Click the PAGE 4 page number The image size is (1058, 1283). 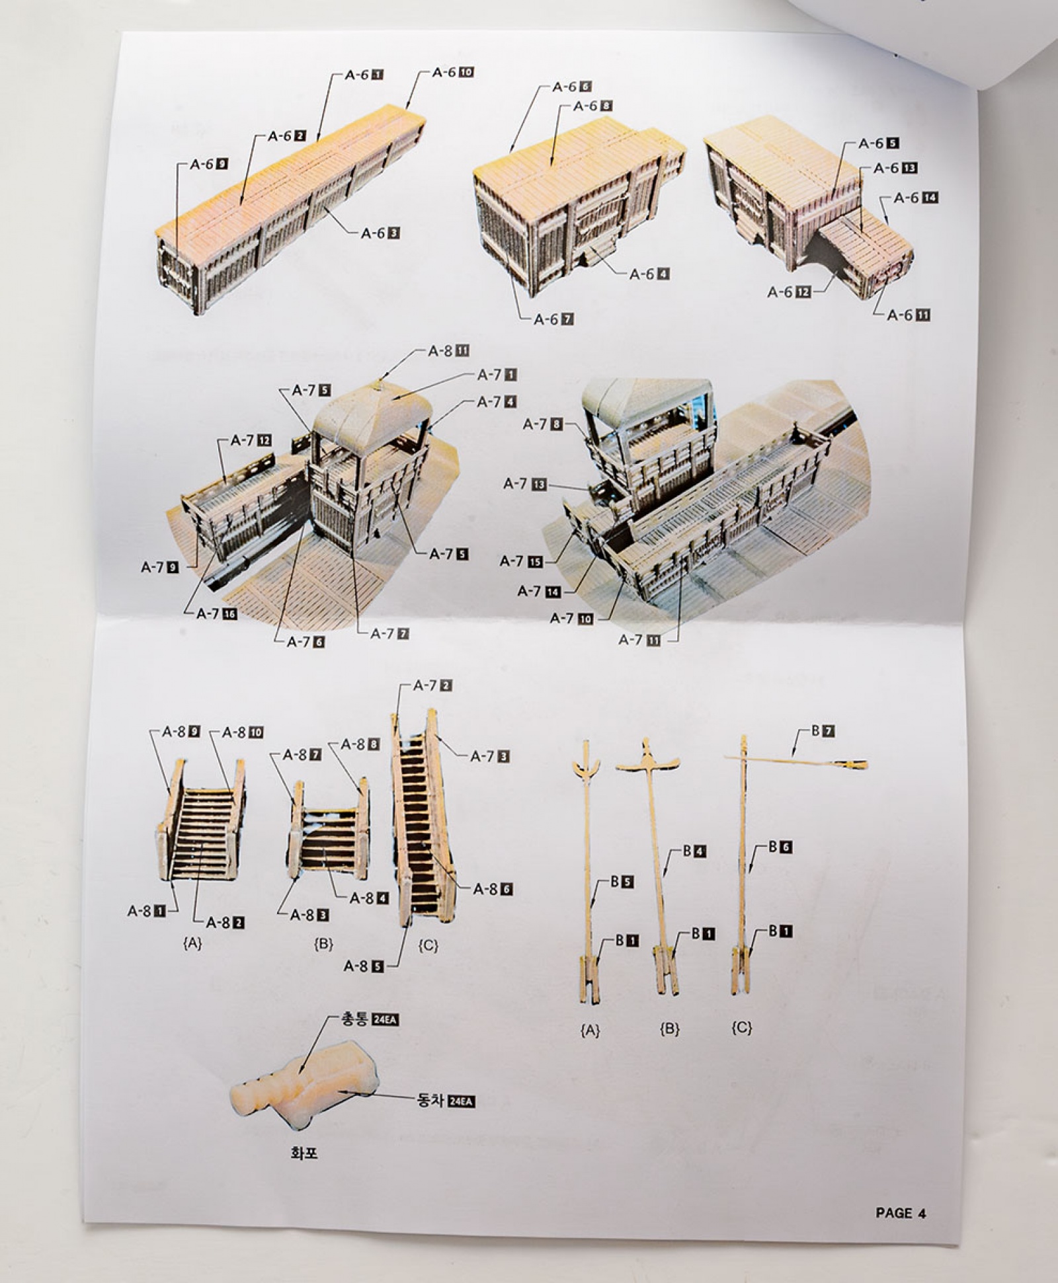tap(901, 1212)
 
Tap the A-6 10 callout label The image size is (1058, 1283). tap(453, 72)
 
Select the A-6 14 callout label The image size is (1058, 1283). tap(916, 197)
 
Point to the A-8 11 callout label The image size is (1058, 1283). tap(448, 350)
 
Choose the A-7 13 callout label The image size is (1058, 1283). tap(525, 484)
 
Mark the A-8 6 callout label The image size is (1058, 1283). tap(493, 889)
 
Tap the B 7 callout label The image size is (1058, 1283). tap(823, 731)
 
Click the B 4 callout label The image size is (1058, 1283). tap(694, 851)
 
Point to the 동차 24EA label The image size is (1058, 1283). tap(446, 1101)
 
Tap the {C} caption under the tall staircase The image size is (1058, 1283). tap(428, 945)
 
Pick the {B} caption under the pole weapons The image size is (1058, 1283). tap(669, 1029)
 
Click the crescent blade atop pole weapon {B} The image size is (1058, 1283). tap(649, 763)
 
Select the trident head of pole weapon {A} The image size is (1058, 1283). tap(587, 767)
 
